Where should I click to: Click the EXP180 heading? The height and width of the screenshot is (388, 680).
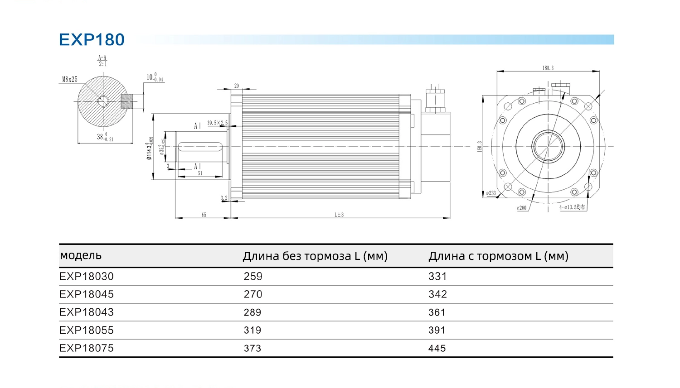[92, 40]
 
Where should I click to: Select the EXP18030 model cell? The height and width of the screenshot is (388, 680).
[87, 276]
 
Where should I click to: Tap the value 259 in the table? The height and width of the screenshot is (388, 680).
[253, 276]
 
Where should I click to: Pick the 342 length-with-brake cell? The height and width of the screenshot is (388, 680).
[437, 294]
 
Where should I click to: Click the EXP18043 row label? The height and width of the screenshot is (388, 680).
[87, 312]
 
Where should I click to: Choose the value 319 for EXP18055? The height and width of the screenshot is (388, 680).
[253, 331]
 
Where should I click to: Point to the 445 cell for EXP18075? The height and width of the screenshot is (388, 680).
[437, 348]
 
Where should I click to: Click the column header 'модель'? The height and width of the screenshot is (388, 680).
[81, 255]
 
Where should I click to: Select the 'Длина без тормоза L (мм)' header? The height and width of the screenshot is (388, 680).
[315, 256]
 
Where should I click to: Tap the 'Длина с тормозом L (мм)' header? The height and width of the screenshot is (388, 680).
[498, 256]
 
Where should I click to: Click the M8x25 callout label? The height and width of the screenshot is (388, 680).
[70, 80]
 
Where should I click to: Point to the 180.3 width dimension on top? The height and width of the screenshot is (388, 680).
[548, 68]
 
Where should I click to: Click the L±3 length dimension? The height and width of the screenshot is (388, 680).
[339, 215]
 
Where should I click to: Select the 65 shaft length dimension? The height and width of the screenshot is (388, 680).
[204, 215]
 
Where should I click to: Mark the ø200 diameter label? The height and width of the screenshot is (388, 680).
[521, 208]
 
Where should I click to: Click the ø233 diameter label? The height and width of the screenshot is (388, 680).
[491, 193]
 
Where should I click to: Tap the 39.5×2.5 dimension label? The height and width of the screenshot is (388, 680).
[218, 123]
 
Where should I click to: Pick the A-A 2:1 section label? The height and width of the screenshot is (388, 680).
[102, 61]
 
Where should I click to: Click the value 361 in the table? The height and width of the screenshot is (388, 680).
[437, 312]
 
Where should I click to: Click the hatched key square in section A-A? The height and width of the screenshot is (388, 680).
[127, 101]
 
